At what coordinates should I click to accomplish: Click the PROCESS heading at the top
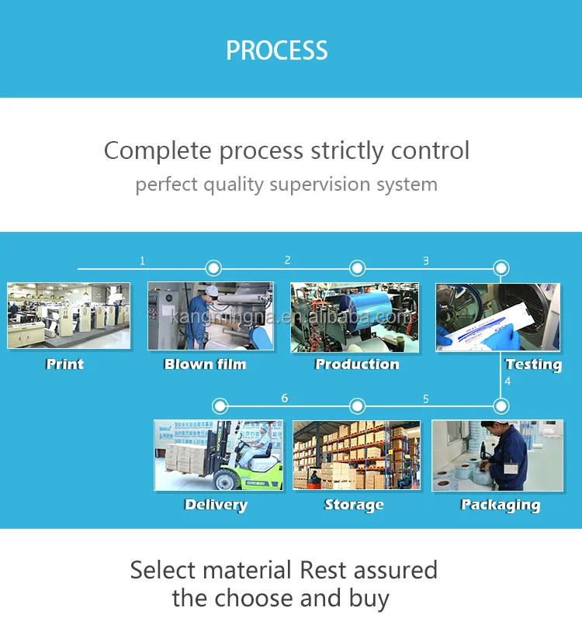click(277, 51)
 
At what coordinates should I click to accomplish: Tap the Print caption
click(65, 364)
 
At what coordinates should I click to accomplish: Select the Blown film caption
click(205, 364)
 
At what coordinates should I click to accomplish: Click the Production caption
click(357, 364)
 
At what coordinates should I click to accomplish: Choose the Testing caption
click(533, 364)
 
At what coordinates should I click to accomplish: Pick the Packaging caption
click(501, 505)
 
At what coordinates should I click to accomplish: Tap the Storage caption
click(354, 505)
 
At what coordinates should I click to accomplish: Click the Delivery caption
click(216, 505)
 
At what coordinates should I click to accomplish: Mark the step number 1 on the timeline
click(142, 261)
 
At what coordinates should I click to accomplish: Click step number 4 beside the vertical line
click(508, 381)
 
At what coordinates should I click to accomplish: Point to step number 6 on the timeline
click(285, 399)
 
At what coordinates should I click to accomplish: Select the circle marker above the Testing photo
click(501, 269)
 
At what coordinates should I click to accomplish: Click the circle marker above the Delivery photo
click(220, 406)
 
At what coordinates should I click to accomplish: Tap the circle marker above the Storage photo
click(357, 406)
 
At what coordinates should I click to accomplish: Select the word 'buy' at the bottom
click(368, 599)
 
